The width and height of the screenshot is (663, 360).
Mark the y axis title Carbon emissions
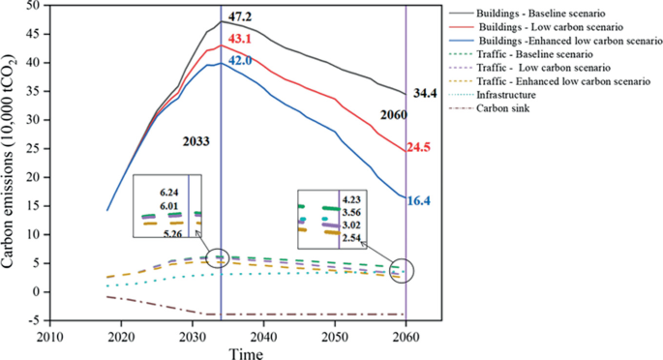click(11, 160)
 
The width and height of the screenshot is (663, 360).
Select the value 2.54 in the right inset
click(352, 237)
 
